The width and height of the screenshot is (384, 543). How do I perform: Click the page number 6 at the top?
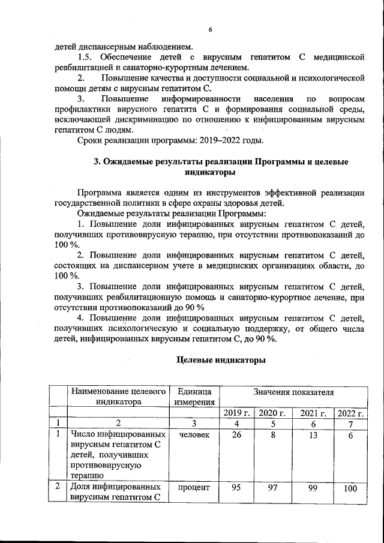(x=210, y=30)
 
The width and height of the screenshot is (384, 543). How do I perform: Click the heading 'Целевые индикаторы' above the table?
(x=220, y=361)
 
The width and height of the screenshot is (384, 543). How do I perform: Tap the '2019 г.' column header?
(x=236, y=413)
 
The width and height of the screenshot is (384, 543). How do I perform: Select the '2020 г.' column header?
(x=272, y=413)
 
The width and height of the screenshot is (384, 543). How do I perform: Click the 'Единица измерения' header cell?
(x=194, y=397)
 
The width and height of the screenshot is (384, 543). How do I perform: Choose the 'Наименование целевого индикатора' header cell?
(x=118, y=397)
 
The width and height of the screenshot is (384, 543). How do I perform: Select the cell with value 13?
(x=311, y=435)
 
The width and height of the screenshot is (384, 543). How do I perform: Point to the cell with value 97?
(x=272, y=488)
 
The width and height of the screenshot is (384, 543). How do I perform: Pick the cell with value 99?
(x=311, y=488)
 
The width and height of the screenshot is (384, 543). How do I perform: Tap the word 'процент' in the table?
(x=194, y=488)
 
